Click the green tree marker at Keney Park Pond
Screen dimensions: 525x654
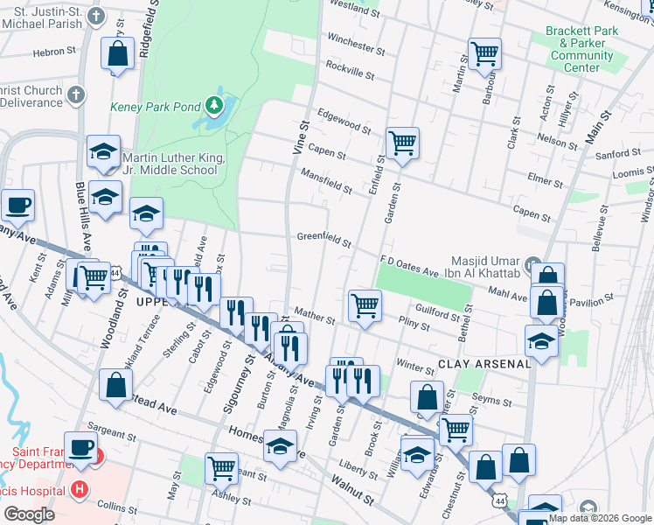coord(214,107)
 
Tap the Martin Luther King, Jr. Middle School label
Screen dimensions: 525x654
coord(174,164)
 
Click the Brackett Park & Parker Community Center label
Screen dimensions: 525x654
coord(581,49)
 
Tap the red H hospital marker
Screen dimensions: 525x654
coord(80,488)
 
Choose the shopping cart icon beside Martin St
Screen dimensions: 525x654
coord(484,52)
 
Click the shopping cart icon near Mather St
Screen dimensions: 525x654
coord(365,305)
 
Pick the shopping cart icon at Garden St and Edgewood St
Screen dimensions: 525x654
coord(402,142)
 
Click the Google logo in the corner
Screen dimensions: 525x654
coord(29,514)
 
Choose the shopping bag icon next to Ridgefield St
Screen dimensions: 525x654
coord(117,53)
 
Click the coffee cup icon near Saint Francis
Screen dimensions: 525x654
coord(81,446)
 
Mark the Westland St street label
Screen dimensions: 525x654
coord(354,7)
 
